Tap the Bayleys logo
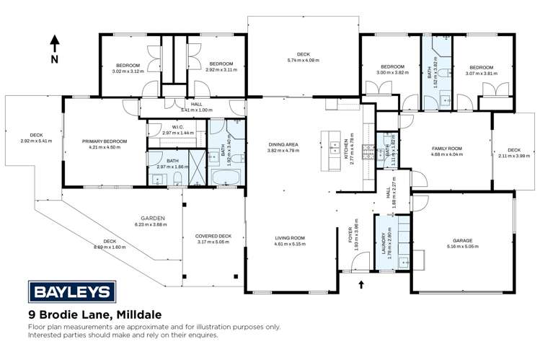[x=71, y=291]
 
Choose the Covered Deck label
[x=213, y=236]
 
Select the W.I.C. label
[x=174, y=128]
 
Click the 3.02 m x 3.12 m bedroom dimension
[x=128, y=71]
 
